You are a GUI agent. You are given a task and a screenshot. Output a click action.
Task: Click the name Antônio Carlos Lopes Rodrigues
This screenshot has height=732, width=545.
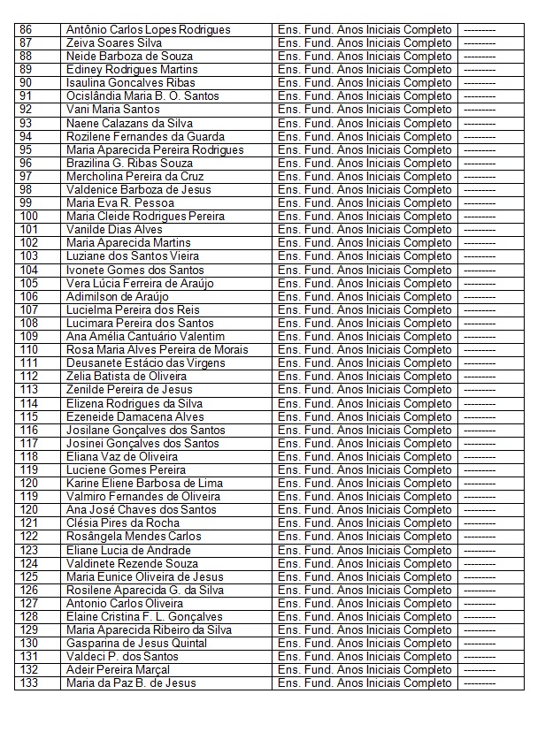pyautogui.click(x=148, y=29)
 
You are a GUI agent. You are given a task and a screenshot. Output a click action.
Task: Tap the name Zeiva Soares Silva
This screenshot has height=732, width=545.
pyautogui.click(x=113, y=42)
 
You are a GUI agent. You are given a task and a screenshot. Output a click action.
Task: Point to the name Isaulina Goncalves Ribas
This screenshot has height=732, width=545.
pyautogui.click(x=130, y=82)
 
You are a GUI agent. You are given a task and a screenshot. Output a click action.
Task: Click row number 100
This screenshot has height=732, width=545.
pyautogui.click(x=28, y=216)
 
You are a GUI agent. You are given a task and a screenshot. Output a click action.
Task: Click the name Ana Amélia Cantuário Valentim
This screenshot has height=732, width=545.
pyautogui.click(x=145, y=336)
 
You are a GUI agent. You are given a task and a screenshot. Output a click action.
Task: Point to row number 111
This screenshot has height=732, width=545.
pyautogui.click(x=28, y=362)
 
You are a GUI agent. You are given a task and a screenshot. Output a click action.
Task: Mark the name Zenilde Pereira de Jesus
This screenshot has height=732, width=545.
pyautogui.click(x=129, y=389)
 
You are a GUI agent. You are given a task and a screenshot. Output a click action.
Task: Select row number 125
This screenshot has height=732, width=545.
pyautogui.click(x=28, y=576)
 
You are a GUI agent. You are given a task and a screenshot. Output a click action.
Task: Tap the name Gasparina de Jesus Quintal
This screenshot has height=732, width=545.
pyautogui.click(x=136, y=643)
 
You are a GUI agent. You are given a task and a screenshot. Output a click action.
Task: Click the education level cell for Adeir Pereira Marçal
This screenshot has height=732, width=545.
pyautogui.click(x=365, y=669)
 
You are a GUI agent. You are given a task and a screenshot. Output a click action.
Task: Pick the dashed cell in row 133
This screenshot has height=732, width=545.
pyautogui.click(x=480, y=682)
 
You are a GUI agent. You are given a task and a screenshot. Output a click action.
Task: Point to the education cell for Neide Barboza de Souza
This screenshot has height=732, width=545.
pyautogui.click(x=365, y=56)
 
